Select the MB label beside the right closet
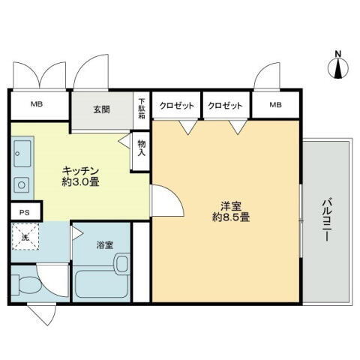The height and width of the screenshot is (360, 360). pos(275,106)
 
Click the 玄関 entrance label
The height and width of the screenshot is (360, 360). pos(102,109)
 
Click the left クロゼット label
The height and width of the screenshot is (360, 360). pos(177,106)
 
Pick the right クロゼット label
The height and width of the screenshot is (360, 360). pos(226,106)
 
